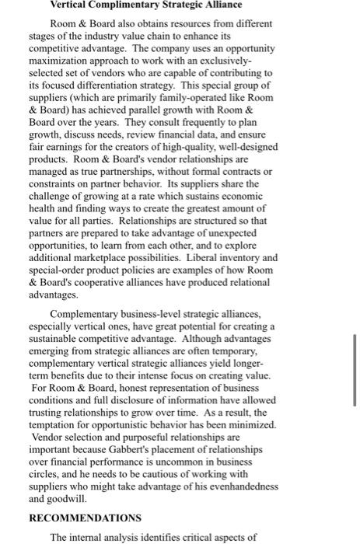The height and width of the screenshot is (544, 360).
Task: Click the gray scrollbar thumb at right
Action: [354, 378]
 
